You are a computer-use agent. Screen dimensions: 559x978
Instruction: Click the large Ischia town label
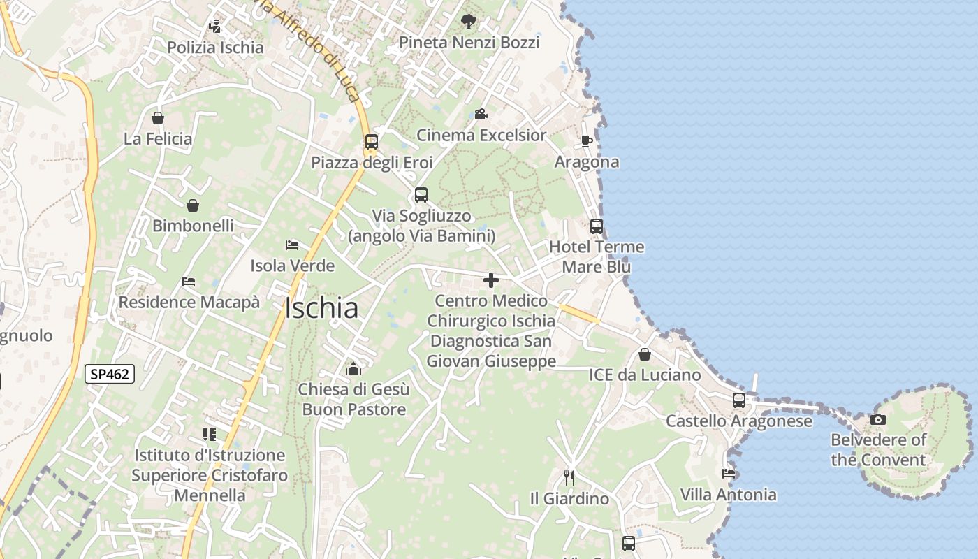(322, 308)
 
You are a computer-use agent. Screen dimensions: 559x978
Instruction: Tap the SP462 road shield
(110, 374)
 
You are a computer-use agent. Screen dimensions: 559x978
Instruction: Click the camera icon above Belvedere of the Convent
(878, 420)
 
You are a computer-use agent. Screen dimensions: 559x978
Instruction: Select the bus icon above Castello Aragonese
(738, 400)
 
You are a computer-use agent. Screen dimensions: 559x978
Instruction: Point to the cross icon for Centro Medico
(491, 280)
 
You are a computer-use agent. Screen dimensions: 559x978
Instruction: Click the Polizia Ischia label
(215, 48)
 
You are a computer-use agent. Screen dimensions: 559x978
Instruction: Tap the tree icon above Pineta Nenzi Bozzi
(469, 22)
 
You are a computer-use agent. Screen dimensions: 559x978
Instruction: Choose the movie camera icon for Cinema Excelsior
(481, 114)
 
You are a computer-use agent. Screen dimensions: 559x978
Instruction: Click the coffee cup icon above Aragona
(587, 142)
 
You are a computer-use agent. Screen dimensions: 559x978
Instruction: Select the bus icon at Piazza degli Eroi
(372, 142)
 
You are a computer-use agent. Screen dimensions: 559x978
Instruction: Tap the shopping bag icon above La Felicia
(158, 118)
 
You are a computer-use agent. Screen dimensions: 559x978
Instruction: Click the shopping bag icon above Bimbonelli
(193, 205)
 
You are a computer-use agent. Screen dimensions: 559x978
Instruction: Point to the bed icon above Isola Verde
(292, 245)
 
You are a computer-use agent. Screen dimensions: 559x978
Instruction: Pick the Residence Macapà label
(189, 303)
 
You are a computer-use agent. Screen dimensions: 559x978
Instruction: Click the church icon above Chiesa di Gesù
(353, 368)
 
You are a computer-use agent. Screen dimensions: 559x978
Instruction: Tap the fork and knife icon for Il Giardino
(569, 478)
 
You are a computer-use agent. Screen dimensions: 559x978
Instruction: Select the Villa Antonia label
(728, 495)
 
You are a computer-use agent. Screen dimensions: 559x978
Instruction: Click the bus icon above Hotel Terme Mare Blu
(597, 226)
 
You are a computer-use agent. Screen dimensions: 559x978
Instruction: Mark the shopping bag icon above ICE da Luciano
(645, 354)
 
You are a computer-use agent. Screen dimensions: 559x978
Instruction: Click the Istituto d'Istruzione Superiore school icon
(210, 435)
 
